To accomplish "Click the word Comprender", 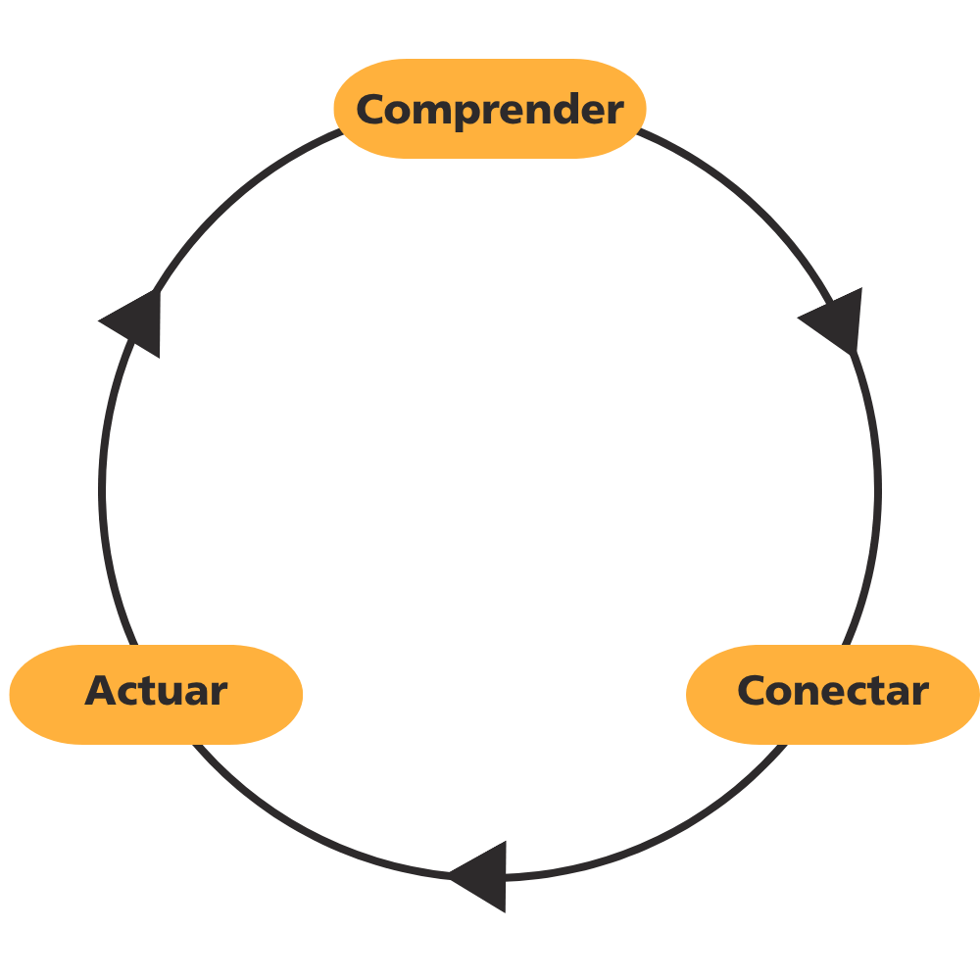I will coord(489,109).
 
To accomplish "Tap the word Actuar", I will coord(156,691).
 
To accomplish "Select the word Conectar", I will coord(832,691).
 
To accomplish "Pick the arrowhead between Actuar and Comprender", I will coord(135,321).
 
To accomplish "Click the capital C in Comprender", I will coord(369,109).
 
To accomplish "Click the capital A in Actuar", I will coord(100,691).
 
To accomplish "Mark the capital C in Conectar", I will coord(752,691).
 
